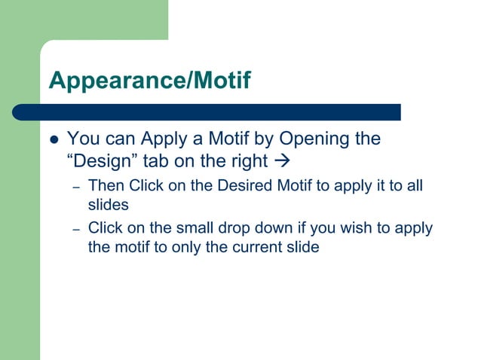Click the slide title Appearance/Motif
coord(149,81)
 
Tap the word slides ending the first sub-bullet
coord(109,204)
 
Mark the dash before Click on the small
coord(75,229)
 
